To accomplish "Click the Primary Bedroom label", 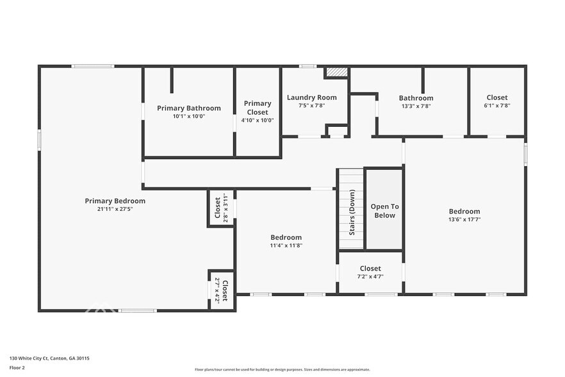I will click(115, 201).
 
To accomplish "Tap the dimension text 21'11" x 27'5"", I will click(115, 209).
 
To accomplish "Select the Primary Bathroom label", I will click(189, 108).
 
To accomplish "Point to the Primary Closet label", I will click(258, 107).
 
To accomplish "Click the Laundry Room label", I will click(312, 97).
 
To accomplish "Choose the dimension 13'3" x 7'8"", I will click(416, 106).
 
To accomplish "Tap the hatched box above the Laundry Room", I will click(336, 72).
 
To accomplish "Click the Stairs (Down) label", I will click(352, 212).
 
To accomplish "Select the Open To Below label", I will click(384, 211).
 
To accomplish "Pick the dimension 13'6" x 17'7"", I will click(464, 220).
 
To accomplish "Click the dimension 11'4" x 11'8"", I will click(286, 246).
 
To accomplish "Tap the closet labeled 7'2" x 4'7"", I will click(370, 272).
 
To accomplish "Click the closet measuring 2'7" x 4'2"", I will click(221, 290).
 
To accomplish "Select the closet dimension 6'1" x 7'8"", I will click(497, 106).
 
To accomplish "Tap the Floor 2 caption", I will click(17, 367).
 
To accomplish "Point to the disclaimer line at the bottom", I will click(282, 369).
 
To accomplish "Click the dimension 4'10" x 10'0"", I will click(258, 120).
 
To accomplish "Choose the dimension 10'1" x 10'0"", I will click(189, 117).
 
